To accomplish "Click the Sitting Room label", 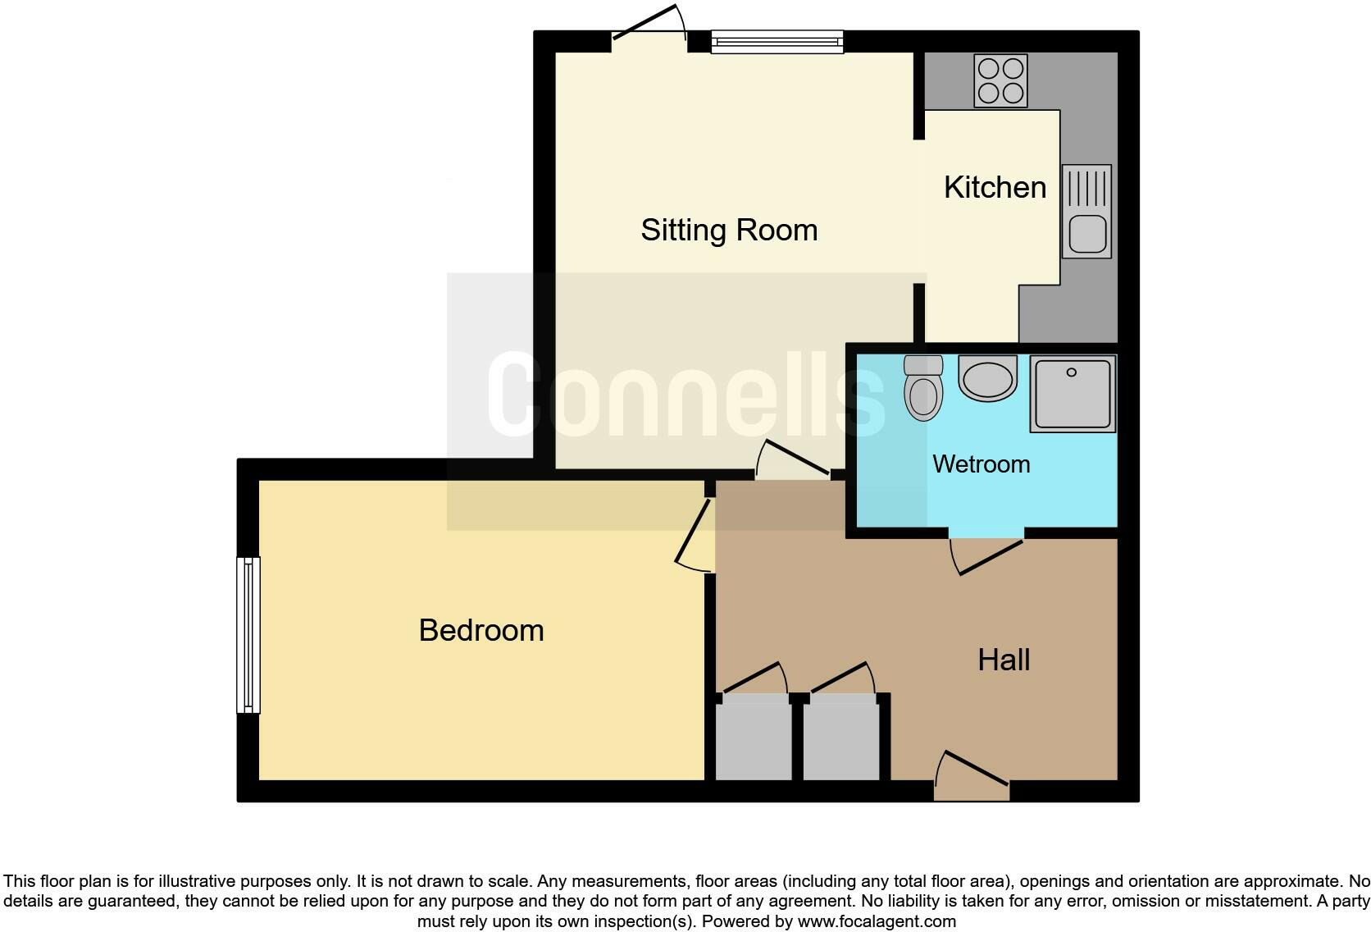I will [729, 230].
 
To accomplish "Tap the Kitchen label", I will [995, 187].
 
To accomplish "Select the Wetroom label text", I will [981, 464].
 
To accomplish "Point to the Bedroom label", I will [481, 630].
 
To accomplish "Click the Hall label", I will [1004, 660].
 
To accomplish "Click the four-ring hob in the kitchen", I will [1000, 80].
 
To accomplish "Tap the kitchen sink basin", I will [1087, 233].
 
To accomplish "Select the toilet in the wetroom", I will [923, 389].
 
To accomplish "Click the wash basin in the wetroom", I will [987, 379].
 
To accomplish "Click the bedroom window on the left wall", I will [248, 635].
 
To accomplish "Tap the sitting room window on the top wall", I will [777, 41].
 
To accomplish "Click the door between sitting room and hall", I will [792, 461].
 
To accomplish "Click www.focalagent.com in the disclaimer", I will [877, 921].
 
